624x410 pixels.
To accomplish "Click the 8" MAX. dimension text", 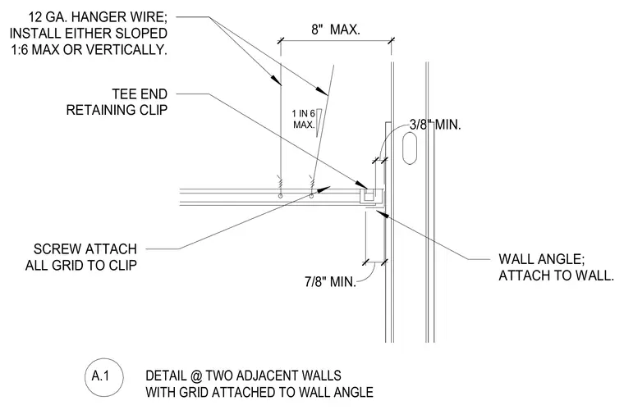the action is pyautogui.click(x=336, y=30).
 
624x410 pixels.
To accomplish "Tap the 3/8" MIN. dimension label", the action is pyautogui.click(x=435, y=125).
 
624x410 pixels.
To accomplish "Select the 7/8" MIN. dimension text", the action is pyautogui.click(x=330, y=282).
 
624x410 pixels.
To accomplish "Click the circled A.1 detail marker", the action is pyautogui.click(x=104, y=376).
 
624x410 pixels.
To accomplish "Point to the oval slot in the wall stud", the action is pyautogui.click(x=410, y=148).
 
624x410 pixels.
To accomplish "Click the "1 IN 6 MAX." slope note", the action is pyautogui.click(x=304, y=119).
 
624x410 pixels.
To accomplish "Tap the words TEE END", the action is pyautogui.click(x=140, y=94).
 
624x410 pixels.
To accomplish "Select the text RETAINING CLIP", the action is pyautogui.click(x=117, y=110).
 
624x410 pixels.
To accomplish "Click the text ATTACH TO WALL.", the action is pyautogui.click(x=557, y=276).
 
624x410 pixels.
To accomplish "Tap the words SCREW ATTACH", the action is pyautogui.click(x=85, y=249).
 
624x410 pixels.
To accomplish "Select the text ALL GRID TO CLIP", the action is pyautogui.click(x=81, y=265).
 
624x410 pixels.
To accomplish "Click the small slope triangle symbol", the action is pyautogui.click(x=319, y=123).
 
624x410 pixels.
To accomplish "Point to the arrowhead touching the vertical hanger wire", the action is pyautogui.click(x=277, y=80).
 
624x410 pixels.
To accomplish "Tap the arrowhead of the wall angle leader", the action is pyautogui.click(x=382, y=214).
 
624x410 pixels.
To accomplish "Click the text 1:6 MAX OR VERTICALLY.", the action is pyautogui.click(x=89, y=50).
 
